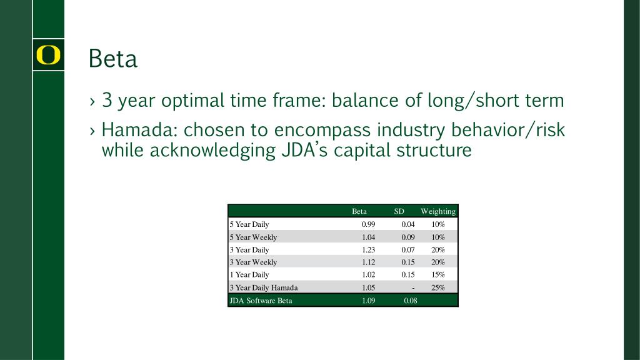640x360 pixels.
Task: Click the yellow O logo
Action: click(48, 55)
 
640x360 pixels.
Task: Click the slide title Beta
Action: click(113, 59)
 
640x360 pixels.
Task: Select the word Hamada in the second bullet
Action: click(139, 130)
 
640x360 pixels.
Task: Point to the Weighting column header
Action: click(438, 211)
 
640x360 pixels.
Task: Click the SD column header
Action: click(399, 211)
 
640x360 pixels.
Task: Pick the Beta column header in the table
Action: click(359, 211)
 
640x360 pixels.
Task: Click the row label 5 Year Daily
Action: click(249, 224)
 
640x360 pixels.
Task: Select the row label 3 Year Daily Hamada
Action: click(264, 287)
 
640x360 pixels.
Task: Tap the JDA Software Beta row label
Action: click(261, 301)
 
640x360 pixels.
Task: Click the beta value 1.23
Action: click(368, 250)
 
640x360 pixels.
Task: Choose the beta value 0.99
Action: click(368, 224)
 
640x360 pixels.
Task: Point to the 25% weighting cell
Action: click(438, 287)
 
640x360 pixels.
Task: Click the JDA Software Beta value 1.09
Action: click(368, 301)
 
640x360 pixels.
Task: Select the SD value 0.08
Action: click(410, 301)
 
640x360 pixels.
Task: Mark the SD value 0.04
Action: click(407, 224)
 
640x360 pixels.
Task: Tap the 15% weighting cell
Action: click(438, 275)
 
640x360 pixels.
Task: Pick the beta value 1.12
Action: click(368, 262)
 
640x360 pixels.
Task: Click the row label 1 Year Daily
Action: click(249, 275)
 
